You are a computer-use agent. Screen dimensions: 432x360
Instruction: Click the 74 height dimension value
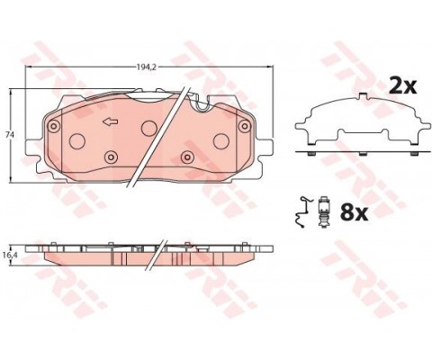pos(10,135)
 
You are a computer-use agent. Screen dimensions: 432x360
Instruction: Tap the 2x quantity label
pos(402,86)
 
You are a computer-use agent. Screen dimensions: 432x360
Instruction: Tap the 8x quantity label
pos(354,212)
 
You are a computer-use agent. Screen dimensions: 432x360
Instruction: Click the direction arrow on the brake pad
pos(111,121)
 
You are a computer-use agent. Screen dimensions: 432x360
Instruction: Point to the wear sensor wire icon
pos(302,212)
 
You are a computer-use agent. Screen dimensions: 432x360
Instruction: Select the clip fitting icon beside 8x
pos(323,212)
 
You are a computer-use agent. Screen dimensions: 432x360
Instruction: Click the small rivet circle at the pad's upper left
pos(54,125)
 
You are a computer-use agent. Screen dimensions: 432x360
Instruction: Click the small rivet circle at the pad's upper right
pos(244,126)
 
